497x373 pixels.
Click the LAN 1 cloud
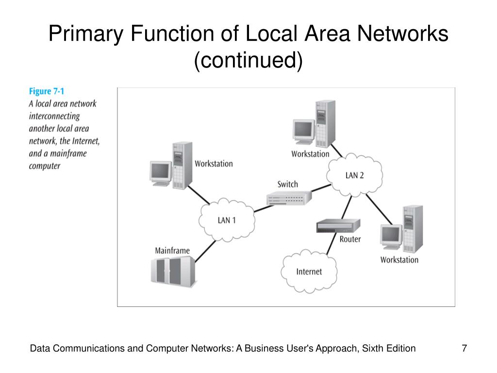226,220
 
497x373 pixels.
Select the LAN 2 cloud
354,175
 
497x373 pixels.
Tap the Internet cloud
309,271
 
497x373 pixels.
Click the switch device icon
289,198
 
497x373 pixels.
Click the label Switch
288,184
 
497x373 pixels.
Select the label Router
350,239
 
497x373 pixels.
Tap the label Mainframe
172,251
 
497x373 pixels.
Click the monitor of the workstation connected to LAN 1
160,172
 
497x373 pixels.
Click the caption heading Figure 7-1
47,91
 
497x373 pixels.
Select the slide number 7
464,348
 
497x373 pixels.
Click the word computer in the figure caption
45,166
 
